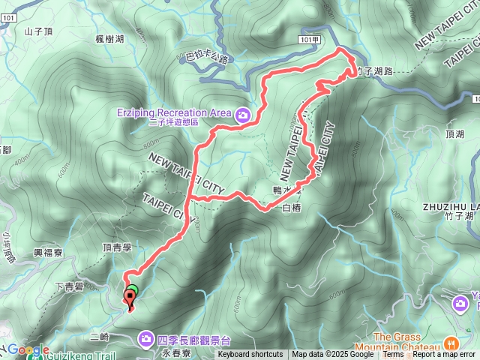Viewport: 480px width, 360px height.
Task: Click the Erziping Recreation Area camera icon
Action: pos(243,115)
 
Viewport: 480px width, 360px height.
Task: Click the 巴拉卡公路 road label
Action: pos(205,58)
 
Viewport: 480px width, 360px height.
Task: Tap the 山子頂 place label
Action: pos(39,31)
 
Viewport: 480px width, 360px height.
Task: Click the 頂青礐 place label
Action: pos(117,247)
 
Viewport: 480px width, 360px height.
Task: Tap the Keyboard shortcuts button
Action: pos(250,355)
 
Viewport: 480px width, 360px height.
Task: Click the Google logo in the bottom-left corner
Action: pos(28,350)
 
